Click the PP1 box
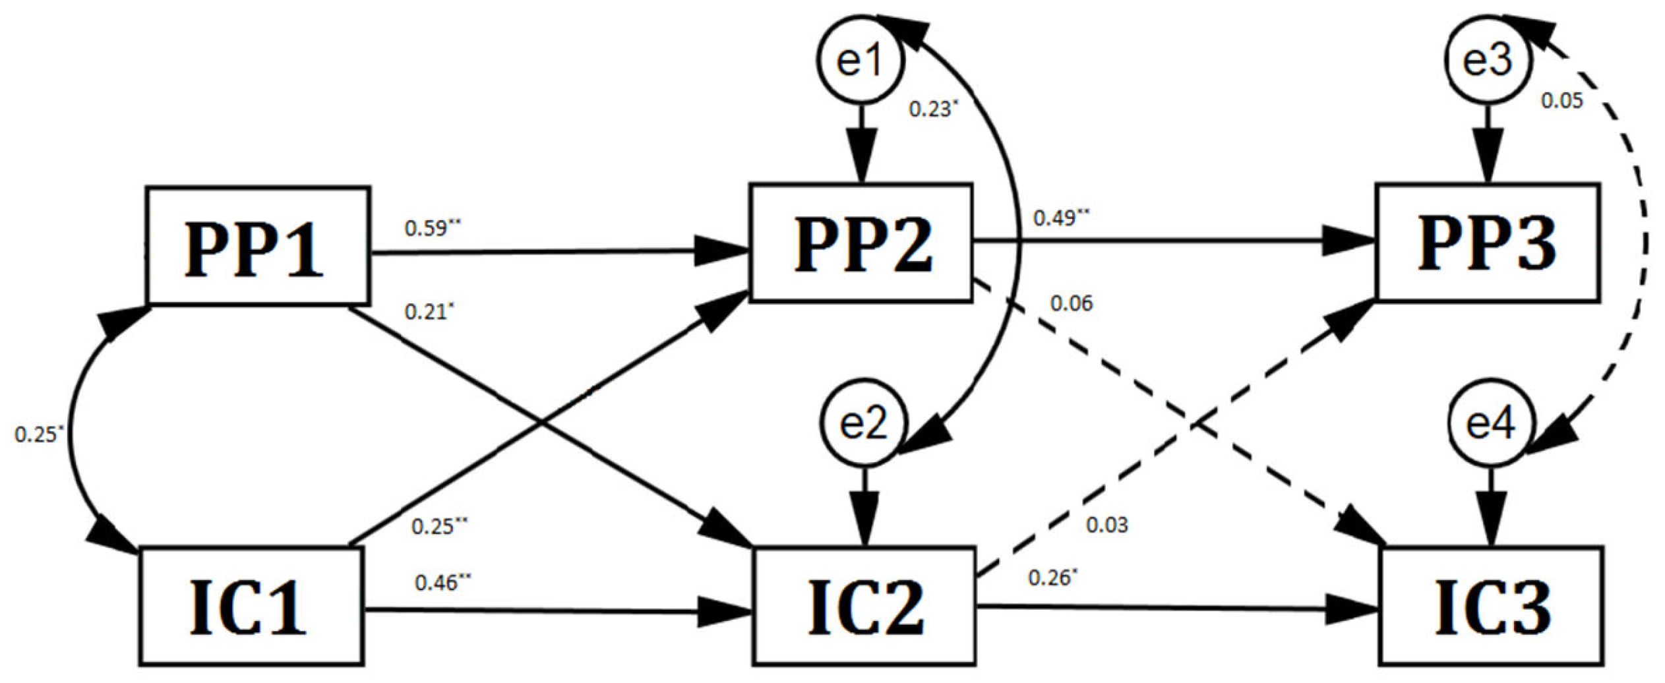coord(258,246)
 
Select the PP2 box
coord(861,243)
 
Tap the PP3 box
coord(1487,243)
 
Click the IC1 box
coord(251,606)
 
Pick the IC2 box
coord(864,605)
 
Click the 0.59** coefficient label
coord(432,228)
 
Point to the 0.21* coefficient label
coord(429,311)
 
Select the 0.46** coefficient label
coord(442,583)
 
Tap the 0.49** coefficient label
coord(1061,218)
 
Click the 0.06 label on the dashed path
coord(1071,304)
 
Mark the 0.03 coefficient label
coord(1106,525)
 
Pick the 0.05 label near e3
coord(1561,101)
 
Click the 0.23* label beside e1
coord(932,109)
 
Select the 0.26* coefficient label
coord(1052,578)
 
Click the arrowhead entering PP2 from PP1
coord(722,251)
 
